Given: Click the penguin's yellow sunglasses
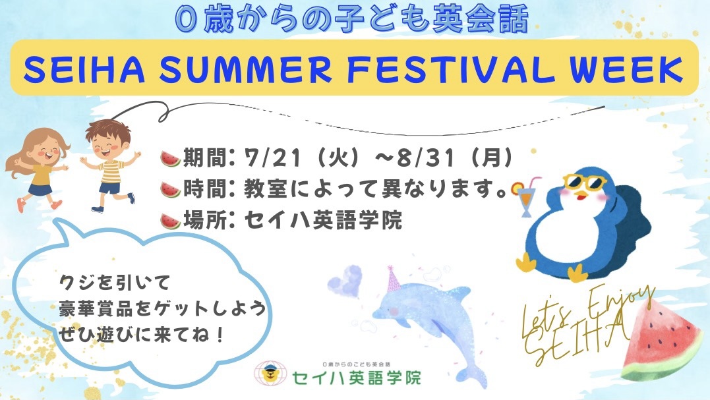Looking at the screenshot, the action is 585,183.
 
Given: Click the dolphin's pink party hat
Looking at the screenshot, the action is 393,279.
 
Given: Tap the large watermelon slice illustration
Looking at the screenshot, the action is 661,341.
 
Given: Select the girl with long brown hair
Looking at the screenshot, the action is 36,168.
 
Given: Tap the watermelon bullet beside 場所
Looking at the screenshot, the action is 170,221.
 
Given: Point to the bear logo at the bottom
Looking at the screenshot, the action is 270,374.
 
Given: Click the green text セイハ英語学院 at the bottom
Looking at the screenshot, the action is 357,378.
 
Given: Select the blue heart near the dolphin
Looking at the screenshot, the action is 345,281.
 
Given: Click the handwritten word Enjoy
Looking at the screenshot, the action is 621,303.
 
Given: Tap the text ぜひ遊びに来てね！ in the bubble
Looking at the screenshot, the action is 141,335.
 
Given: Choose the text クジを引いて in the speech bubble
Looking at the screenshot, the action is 115,283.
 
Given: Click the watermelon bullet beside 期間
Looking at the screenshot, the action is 170,159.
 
